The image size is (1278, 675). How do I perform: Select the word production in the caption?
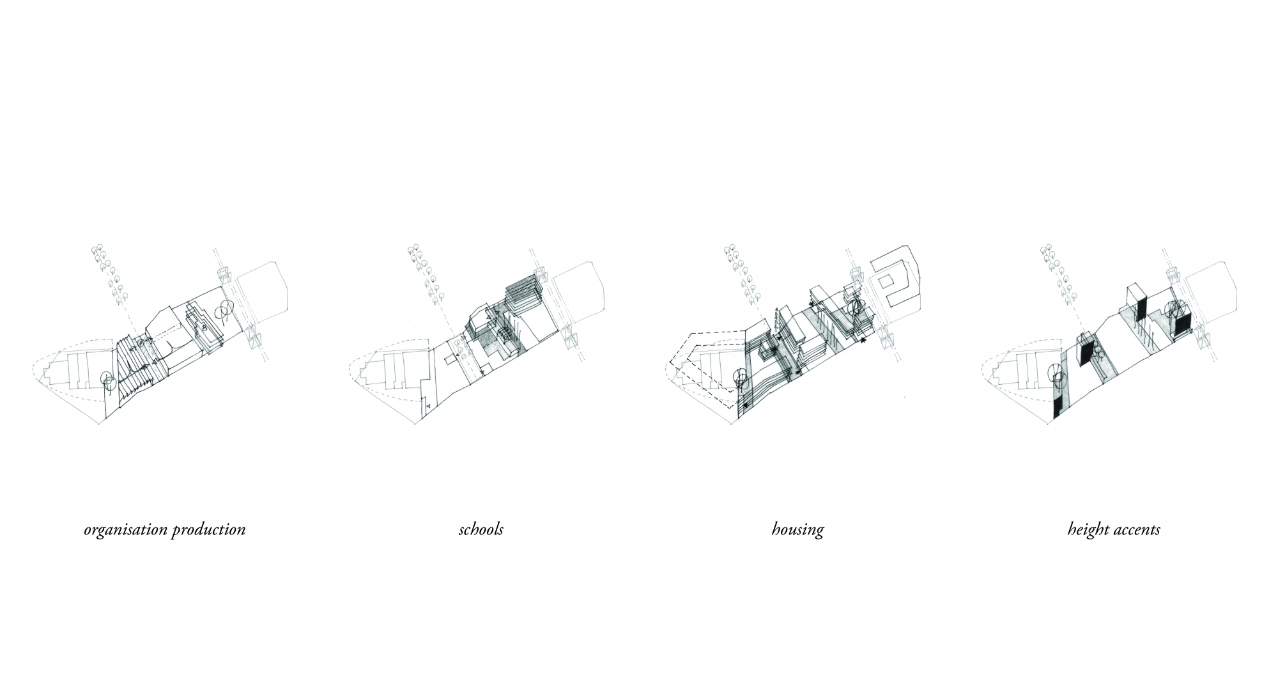click(206, 530)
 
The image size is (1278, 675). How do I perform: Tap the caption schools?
click(481, 529)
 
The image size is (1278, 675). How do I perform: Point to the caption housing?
click(797, 530)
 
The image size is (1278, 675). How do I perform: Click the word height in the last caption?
click(1086, 530)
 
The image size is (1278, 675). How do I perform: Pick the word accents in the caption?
click(1136, 530)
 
